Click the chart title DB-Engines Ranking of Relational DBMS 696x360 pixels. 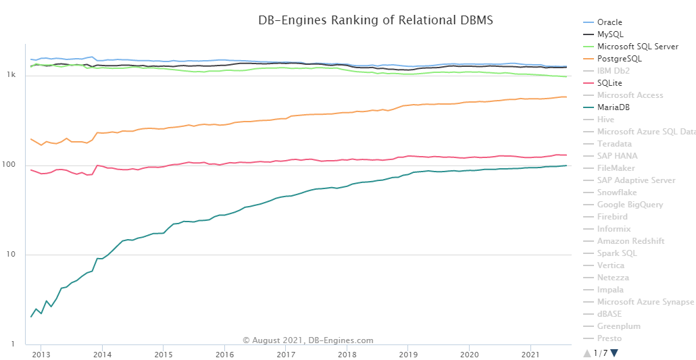tap(376, 20)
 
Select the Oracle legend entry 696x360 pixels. tap(610, 22)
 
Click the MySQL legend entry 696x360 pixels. tap(610, 34)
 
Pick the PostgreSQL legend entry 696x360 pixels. tap(619, 59)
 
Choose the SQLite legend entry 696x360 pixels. tap(610, 83)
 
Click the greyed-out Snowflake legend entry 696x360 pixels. tap(620, 192)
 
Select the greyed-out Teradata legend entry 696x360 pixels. tap(614, 144)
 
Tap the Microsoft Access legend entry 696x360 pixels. tap(630, 95)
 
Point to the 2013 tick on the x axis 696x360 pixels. tap(41, 355)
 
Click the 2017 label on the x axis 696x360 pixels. tap(286, 355)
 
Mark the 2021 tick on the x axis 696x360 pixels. tap(531, 355)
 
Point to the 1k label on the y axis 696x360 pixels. tap(11, 76)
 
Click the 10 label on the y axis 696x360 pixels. tap(11, 255)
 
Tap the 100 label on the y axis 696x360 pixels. tap(9, 165)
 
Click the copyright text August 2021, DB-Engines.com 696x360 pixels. tap(307, 340)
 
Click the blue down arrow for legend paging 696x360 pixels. tap(614, 353)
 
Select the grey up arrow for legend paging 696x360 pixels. tap(587, 353)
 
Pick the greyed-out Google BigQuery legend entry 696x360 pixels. tap(630, 205)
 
